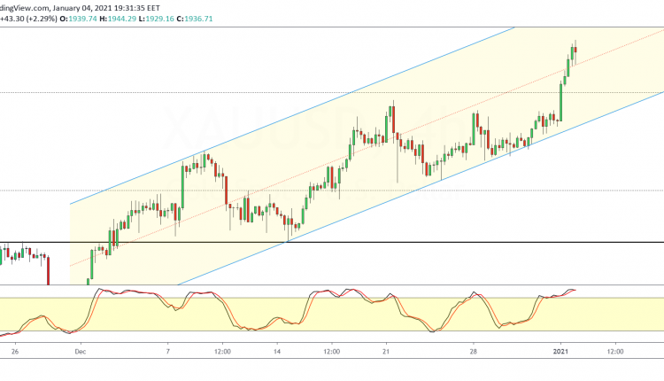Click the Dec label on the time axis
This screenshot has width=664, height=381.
coord(79,352)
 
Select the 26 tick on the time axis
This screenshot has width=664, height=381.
coord(15,352)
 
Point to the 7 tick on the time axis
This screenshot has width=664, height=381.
coord(168,352)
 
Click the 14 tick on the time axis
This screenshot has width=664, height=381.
coord(277,352)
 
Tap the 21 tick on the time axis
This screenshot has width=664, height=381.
coord(385,352)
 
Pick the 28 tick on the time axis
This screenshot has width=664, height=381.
coord(474,352)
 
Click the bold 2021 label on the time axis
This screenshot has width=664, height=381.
coord(560,352)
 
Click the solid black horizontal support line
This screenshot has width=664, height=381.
coord(354,242)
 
